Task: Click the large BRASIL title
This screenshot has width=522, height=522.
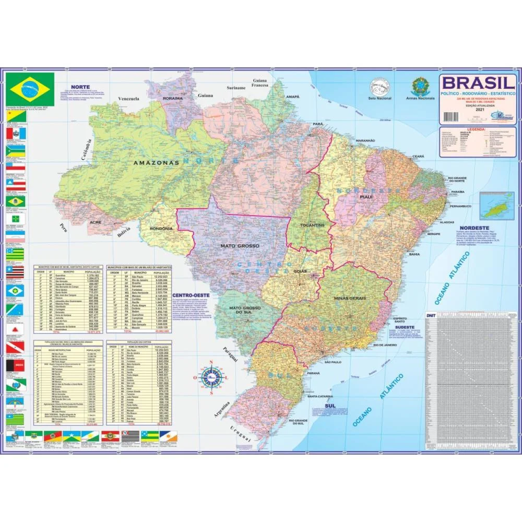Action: click(479, 83)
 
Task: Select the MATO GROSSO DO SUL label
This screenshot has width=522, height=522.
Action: click(244, 311)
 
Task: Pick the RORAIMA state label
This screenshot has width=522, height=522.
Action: click(173, 98)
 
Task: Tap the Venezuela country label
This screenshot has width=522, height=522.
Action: click(129, 98)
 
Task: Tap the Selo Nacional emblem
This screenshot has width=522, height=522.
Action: click(379, 88)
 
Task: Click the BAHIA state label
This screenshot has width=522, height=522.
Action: click(414, 254)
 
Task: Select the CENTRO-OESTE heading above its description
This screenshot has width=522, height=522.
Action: click(194, 295)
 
